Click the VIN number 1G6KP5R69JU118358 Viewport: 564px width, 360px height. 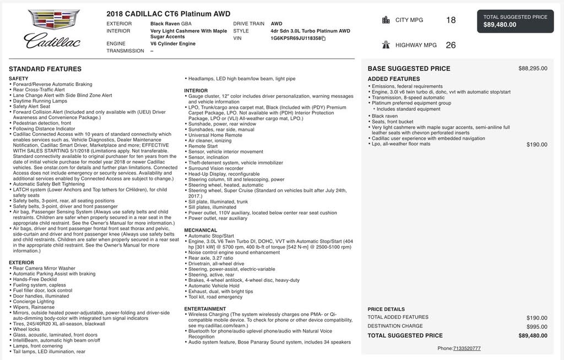[296, 39]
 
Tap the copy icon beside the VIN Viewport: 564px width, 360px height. [324, 39]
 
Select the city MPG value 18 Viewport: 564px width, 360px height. [451, 20]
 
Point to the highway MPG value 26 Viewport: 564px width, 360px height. [451, 45]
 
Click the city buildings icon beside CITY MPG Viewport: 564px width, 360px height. [386, 20]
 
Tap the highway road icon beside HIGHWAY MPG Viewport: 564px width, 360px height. [386, 45]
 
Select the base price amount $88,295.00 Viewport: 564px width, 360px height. [533, 69]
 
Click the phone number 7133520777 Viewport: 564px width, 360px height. [467, 348]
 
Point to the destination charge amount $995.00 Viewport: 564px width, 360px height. [536, 326]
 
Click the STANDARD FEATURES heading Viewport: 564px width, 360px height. [45, 69]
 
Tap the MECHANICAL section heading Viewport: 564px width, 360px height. [200, 230]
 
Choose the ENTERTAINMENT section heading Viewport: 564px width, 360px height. [205, 309]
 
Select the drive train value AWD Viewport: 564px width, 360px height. [276, 24]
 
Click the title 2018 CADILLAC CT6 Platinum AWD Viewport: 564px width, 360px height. [169, 14]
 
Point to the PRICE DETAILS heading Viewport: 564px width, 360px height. [386, 309]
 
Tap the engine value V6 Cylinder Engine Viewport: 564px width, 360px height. [173, 43]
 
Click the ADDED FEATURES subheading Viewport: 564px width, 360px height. [393, 79]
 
